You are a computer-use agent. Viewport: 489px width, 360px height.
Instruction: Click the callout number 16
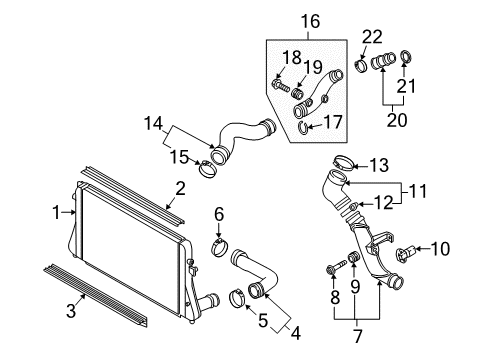tap(310, 21)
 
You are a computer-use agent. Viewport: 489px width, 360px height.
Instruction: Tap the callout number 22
tap(372, 37)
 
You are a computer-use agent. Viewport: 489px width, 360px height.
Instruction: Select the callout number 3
tap(71, 311)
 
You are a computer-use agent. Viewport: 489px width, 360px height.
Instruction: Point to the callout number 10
tap(440, 249)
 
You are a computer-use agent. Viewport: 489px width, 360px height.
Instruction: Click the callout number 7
tap(357, 336)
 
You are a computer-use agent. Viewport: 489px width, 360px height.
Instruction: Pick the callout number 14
tap(153, 123)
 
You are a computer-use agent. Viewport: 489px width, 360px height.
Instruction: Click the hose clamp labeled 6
tap(220, 248)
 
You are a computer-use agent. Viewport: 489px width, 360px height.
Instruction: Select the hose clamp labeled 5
tap(237, 298)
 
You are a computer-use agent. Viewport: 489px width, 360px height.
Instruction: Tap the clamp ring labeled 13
tap(343, 162)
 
